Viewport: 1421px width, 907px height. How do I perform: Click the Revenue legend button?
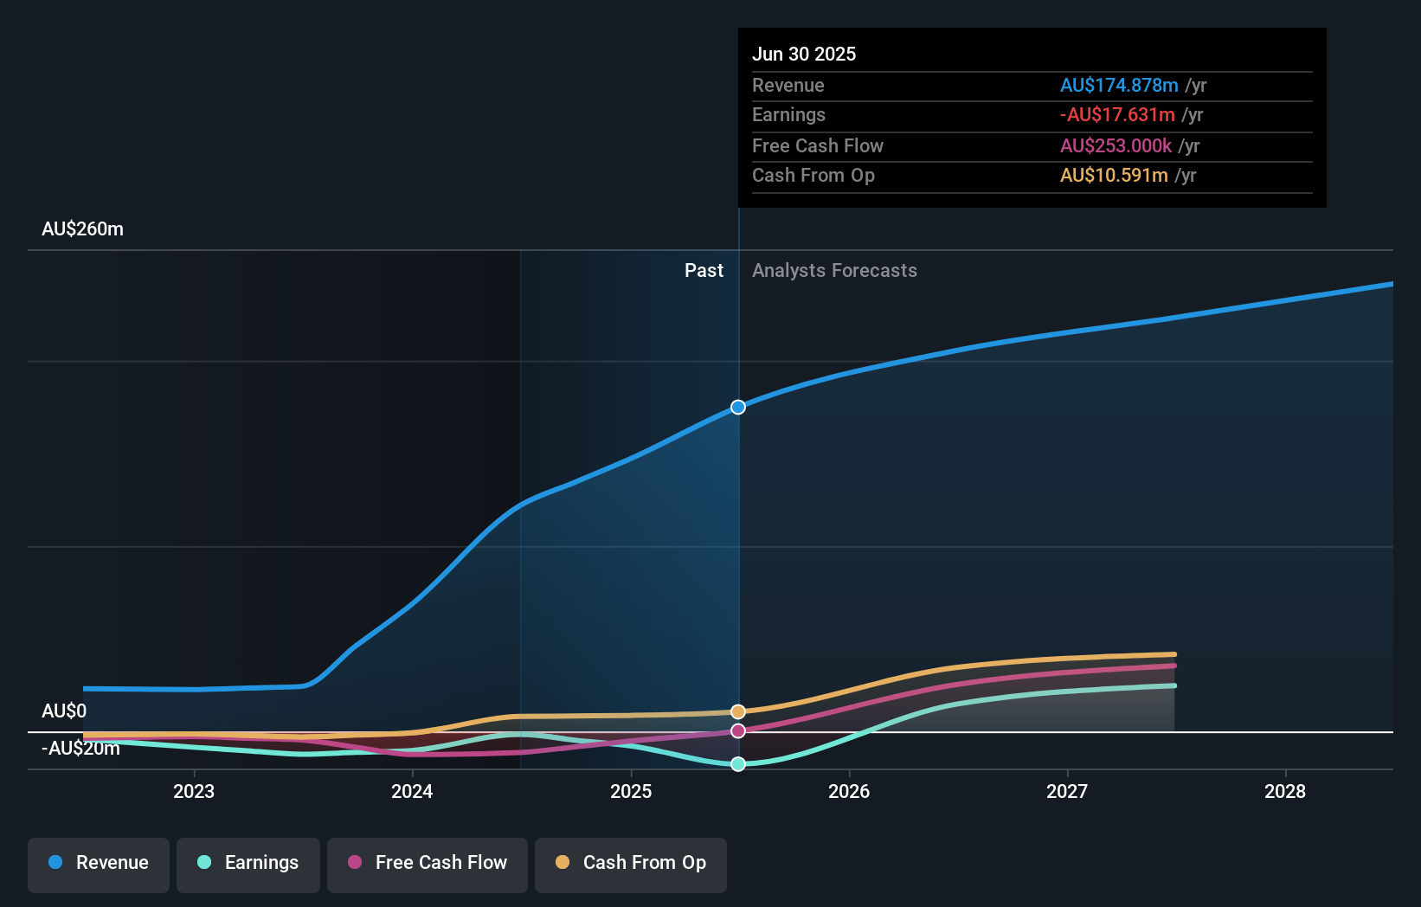click(99, 864)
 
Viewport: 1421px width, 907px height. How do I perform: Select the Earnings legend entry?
click(248, 864)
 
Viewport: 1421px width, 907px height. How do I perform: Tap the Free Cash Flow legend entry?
click(428, 864)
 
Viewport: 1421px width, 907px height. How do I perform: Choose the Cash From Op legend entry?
click(631, 864)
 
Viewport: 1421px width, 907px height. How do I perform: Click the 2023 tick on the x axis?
click(194, 791)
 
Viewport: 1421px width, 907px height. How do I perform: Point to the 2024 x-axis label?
click(412, 791)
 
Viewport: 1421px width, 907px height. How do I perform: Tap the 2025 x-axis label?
click(631, 791)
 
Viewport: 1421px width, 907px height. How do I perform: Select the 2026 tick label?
click(849, 791)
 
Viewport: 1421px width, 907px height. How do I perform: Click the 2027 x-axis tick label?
click(1067, 791)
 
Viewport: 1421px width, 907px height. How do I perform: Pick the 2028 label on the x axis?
click(1285, 791)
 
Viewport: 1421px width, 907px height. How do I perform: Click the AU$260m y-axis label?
click(82, 229)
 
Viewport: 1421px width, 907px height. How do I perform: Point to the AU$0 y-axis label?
click(64, 711)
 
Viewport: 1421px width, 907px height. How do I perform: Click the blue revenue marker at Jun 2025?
click(738, 407)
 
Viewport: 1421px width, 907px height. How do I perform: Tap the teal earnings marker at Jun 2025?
click(738, 764)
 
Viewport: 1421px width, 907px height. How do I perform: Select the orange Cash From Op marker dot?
click(738, 711)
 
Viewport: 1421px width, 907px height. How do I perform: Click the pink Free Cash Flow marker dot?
click(738, 731)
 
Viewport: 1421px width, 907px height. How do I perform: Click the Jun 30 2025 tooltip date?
click(804, 55)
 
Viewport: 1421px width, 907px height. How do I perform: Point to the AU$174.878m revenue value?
click(1119, 86)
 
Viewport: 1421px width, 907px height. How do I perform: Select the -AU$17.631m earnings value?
click(1117, 115)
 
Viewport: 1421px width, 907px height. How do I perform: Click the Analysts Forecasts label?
click(834, 271)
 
